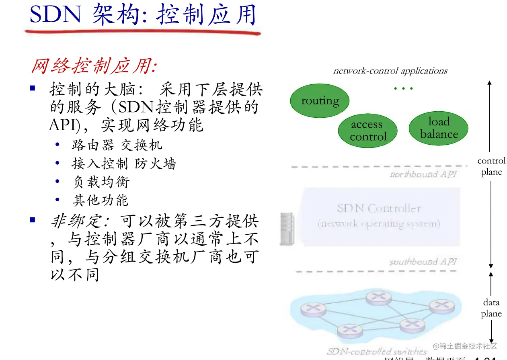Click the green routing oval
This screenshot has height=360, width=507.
[320, 101]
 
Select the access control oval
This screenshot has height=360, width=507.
[367, 131]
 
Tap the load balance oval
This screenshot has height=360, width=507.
[439, 128]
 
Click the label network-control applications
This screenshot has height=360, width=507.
[390, 71]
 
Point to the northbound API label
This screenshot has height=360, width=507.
[423, 174]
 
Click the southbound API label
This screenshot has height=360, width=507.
[423, 262]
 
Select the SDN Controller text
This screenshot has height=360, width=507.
[379, 209]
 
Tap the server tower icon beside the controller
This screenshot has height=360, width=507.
[287, 229]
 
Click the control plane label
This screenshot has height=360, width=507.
[491, 166]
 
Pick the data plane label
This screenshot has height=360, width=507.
[491, 308]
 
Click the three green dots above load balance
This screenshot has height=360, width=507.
[403, 88]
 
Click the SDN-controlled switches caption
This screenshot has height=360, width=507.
[377, 352]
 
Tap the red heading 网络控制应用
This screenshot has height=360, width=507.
[94, 66]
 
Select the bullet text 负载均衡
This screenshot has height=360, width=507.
[101, 182]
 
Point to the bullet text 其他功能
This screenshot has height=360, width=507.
[100, 200]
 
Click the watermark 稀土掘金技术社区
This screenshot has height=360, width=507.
[465, 346]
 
